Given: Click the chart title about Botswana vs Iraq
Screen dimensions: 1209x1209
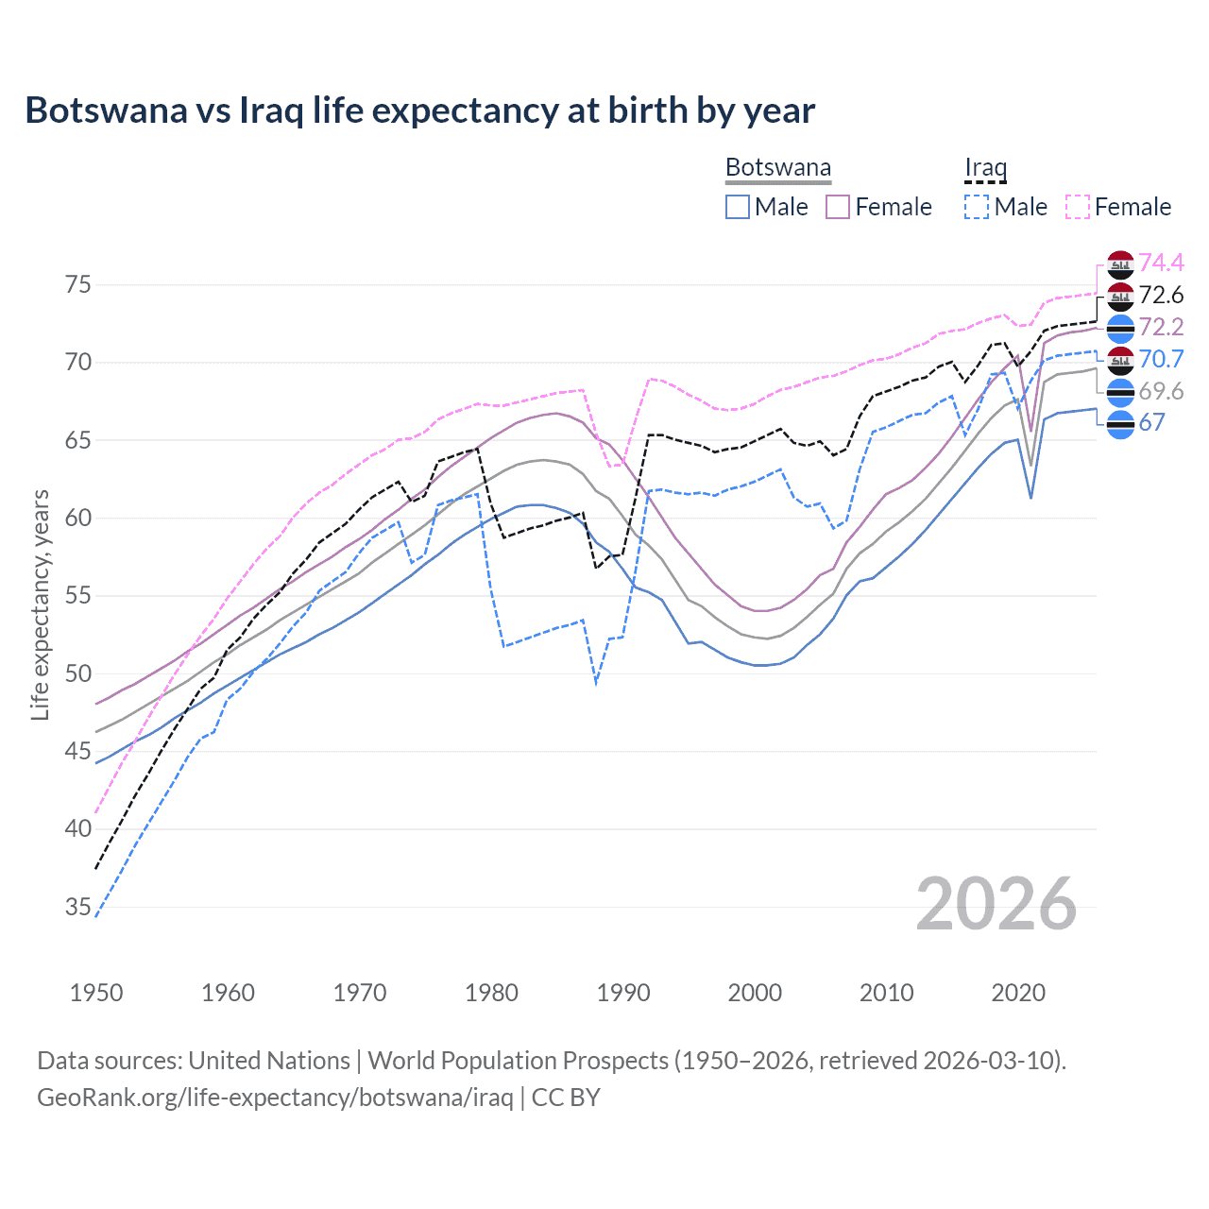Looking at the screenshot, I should pyautogui.click(x=419, y=111).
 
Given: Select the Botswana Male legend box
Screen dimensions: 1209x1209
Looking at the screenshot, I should pyautogui.click(x=738, y=207).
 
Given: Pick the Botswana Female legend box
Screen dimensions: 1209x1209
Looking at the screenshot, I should pyautogui.click(x=838, y=207).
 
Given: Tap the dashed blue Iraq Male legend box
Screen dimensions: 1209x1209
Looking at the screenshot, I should pyautogui.click(x=977, y=207).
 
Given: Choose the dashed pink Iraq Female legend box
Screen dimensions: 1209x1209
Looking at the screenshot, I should pyautogui.click(x=1078, y=207).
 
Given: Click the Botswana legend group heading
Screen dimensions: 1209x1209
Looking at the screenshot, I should pyautogui.click(x=778, y=168).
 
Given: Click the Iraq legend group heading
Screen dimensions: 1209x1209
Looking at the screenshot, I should pyautogui.click(x=985, y=168).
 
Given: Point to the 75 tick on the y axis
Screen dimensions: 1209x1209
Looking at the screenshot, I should pyautogui.click(x=78, y=285).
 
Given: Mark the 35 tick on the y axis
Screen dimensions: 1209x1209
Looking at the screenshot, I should pyautogui.click(x=78, y=908).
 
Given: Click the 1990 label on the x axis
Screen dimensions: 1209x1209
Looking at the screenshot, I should pyautogui.click(x=623, y=993).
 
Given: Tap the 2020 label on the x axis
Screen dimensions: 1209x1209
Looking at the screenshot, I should pyautogui.click(x=1018, y=993).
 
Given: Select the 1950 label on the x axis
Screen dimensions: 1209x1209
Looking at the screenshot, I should pyautogui.click(x=96, y=993).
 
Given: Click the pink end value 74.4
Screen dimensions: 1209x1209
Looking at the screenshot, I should pyautogui.click(x=1161, y=263).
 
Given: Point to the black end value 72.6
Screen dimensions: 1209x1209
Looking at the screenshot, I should pyautogui.click(x=1161, y=295).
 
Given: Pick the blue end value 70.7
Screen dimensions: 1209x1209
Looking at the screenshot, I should pyautogui.click(x=1161, y=359).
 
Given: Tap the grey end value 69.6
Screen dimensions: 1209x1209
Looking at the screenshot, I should pyautogui.click(x=1161, y=391).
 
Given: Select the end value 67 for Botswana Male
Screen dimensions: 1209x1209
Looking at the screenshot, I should pyautogui.click(x=1151, y=422).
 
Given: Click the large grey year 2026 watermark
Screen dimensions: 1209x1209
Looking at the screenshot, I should pyautogui.click(x=996, y=904).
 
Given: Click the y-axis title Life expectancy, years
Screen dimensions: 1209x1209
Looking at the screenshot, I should pyautogui.click(x=41, y=604).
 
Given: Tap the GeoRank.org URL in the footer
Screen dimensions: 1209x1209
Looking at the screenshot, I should pyautogui.click(x=275, y=1098).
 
